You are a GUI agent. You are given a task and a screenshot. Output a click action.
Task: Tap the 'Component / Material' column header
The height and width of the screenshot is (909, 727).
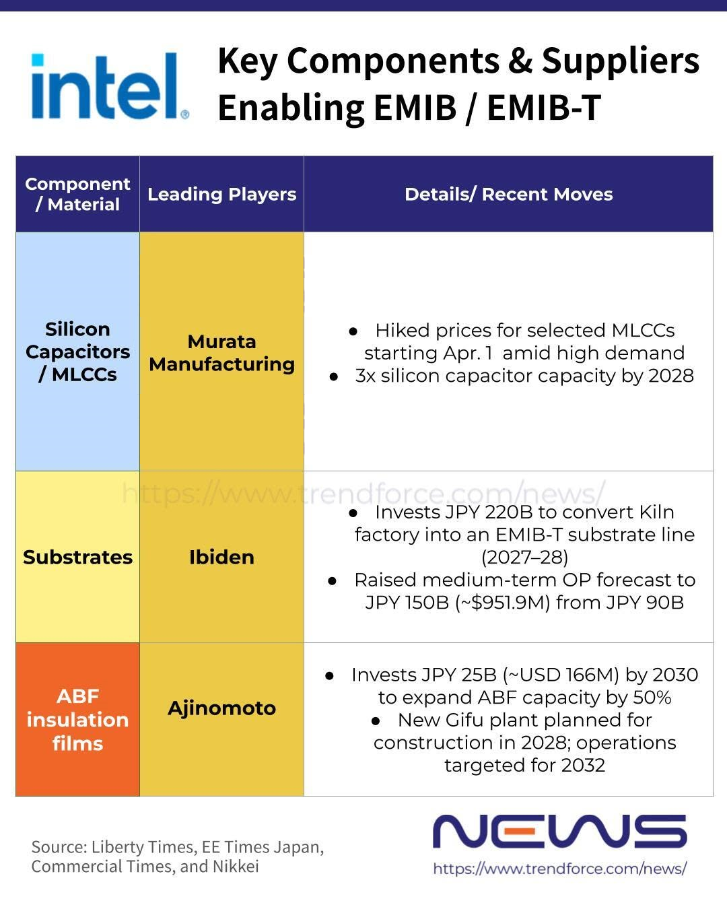[77, 194]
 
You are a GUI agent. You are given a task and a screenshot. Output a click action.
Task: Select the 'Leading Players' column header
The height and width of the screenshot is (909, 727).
[221, 195]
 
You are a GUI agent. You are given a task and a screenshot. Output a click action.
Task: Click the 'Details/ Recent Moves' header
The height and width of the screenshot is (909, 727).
[509, 195]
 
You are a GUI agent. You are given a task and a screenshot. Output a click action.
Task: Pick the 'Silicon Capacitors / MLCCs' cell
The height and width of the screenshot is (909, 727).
[77, 351]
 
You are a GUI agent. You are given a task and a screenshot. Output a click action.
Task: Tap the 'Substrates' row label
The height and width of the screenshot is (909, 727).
[77, 557]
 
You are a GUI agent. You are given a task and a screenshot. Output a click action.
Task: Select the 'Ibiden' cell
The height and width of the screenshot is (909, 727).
[221, 557]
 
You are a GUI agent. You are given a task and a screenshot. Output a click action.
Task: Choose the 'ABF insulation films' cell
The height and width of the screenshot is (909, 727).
[77, 719]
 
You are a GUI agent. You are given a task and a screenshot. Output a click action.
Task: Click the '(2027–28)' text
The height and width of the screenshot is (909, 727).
[524, 558]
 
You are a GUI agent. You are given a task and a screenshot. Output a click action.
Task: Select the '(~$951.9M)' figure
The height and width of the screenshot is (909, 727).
[502, 603]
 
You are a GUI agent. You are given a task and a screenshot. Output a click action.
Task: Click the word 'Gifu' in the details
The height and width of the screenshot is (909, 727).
[464, 720]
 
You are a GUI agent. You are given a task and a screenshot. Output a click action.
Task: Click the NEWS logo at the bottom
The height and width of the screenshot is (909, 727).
[559, 832]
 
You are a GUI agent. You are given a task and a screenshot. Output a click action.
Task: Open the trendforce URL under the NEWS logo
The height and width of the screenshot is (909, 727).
[560, 869]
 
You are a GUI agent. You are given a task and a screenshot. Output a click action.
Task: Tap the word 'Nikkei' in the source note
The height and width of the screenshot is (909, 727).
[236, 867]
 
